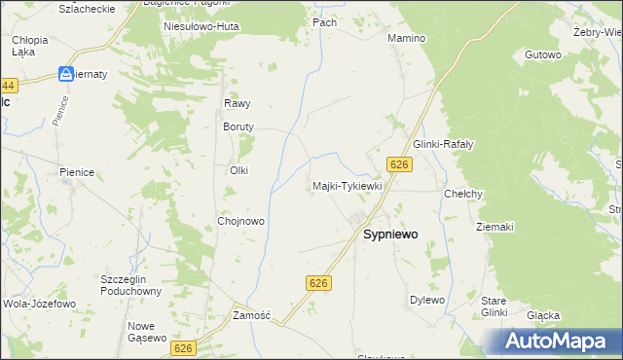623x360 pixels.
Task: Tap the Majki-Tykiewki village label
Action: (348, 185)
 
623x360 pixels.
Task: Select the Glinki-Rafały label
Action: (443, 144)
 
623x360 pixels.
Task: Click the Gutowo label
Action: (543, 55)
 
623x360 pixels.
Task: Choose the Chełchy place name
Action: (464, 194)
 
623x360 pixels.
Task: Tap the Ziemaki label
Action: (495, 227)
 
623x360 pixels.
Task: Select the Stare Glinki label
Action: (495, 306)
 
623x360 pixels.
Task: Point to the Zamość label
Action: (251, 316)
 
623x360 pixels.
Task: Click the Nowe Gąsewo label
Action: (142, 332)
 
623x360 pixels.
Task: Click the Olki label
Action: (238, 170)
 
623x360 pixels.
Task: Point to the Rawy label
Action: (238, 103)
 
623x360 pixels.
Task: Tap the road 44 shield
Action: (9, 86)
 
